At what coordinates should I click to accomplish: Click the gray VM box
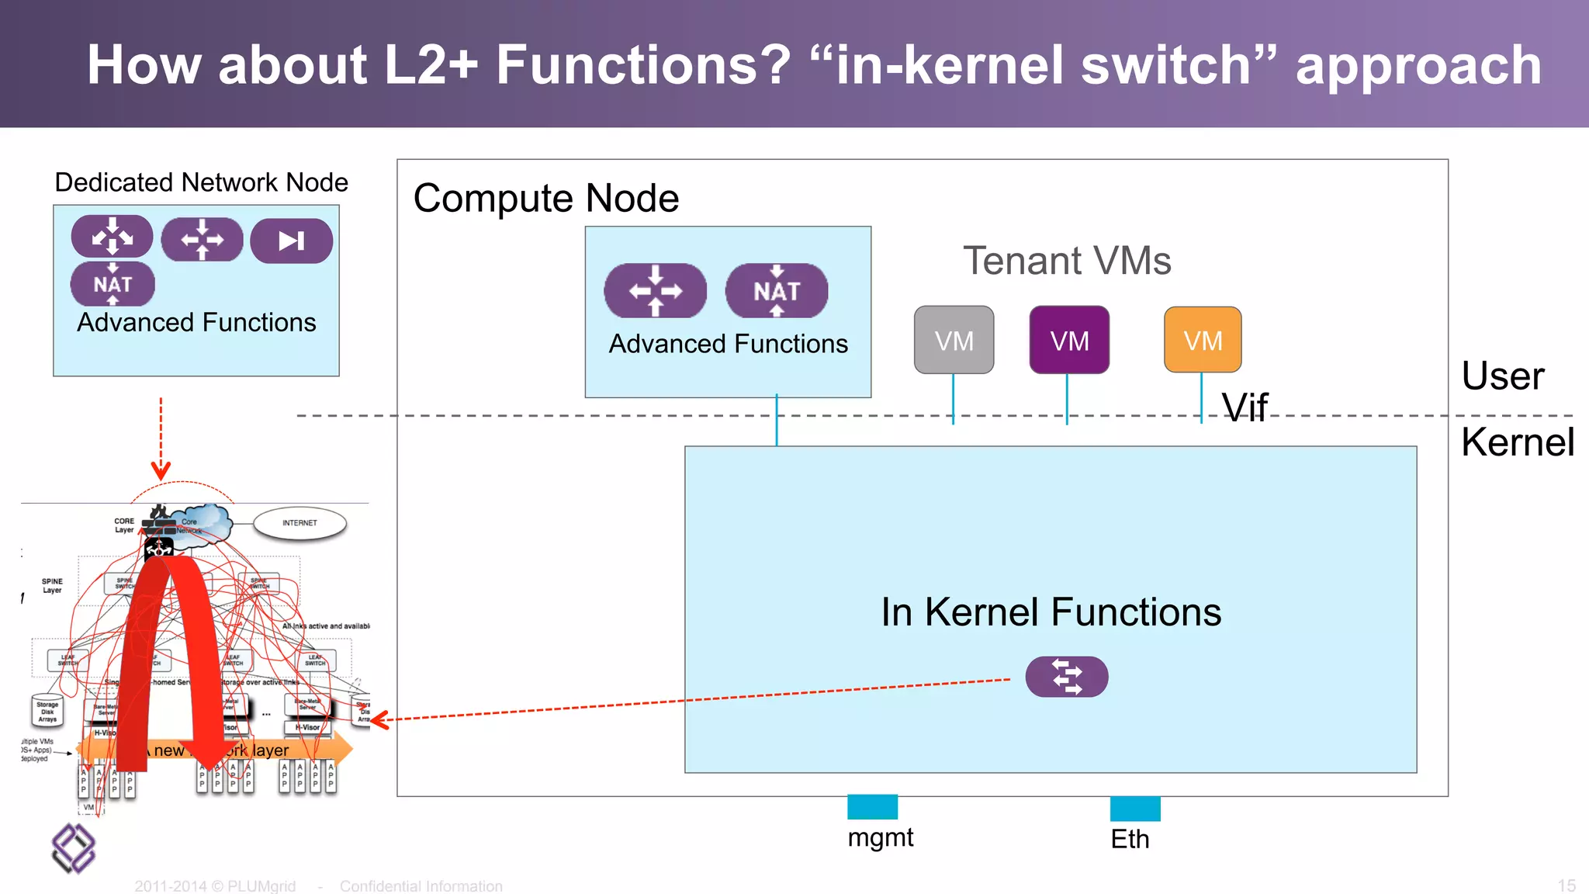(x=954, y=340)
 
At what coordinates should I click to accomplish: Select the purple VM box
(x=1068, y=340)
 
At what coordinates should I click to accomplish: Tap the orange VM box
(x=1203, y=340)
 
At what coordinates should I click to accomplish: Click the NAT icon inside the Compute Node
(x=776, y=291)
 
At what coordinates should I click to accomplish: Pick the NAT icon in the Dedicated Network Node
(x=113, y=284)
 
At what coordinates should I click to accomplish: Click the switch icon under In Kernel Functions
(x=1066, y=677)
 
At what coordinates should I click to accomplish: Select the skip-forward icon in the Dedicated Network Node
(x=291, y=241)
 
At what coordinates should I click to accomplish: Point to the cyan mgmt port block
(x=872, y=807)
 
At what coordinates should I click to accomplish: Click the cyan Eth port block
(x=1135, y=809)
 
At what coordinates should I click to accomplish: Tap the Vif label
(x=1245, y=407)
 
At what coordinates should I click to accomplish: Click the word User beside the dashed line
(x=1502, y=376)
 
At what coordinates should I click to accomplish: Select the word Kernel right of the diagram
(x=1517, y=442)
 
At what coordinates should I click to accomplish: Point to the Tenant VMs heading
(x=1067, y=261)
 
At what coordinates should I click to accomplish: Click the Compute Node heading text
(x=546, y=199)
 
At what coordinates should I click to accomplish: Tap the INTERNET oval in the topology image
(x=299, y=523)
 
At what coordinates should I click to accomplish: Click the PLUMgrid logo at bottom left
(x=73, y=847)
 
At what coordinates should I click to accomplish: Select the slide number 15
(x=1566, y=885)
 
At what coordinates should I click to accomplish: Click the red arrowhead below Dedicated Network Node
(x=161, y=470)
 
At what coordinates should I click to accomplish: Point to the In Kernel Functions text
(x=1051, y=612)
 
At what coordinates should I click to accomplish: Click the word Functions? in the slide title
(x=643, y=65)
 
